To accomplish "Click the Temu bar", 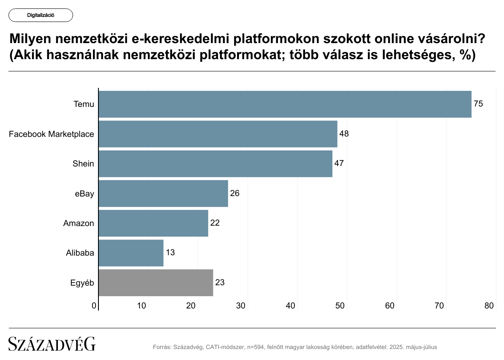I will pos(285,104).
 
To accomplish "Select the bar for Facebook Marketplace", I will pos(218,134).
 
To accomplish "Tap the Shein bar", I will pos(215,164).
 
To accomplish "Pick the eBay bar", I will pos(163,194).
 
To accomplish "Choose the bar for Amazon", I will pos(153,223).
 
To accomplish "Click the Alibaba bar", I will pos(131,253).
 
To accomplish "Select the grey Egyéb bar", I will pos(155,283).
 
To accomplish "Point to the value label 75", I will pos(478,104).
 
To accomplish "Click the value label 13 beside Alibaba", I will pos(170,253).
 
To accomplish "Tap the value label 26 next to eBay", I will pos(235,194).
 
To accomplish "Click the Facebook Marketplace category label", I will pos(52,134).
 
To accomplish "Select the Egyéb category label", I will pos(82,283).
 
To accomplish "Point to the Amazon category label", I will pos(79,223).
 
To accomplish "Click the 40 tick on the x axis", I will pos(290,305).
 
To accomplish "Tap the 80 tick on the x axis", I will pos(489,305).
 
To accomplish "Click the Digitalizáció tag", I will pos(41,15).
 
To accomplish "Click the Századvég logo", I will pos(52,344).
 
